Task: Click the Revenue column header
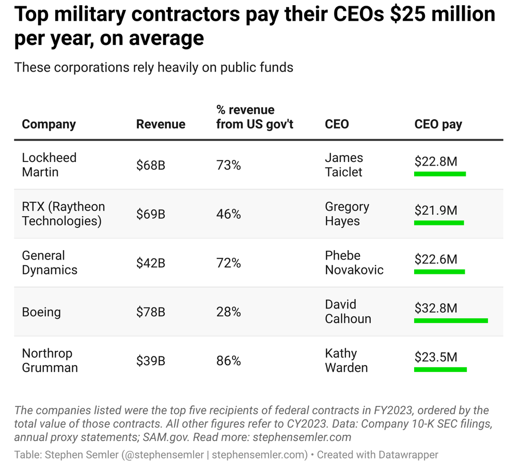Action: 161,124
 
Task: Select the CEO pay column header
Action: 438,124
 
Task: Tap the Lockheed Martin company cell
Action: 49,165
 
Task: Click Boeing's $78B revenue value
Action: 151,312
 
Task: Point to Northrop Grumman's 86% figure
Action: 229,361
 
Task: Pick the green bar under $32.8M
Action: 451,321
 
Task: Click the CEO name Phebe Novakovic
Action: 354,263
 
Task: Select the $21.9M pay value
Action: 436,210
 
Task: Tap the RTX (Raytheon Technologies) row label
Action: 63,214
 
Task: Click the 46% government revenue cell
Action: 229,214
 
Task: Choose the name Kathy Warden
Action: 346,361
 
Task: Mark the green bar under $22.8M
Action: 440,174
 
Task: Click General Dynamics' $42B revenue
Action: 151,263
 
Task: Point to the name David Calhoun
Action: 348,312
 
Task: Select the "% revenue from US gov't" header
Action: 255,117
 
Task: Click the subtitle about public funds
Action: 154,67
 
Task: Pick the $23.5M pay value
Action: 436,357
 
